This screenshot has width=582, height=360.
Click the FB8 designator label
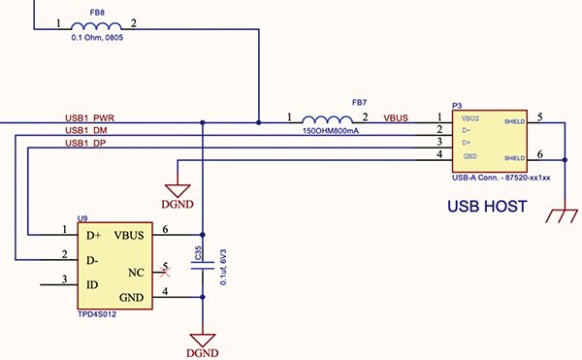[96, 14]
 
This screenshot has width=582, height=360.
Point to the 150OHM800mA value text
[331, 130]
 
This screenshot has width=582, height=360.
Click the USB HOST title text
[486, 207]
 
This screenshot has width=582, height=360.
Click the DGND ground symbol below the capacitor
[202, 342]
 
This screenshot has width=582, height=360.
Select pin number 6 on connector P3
[540, 154]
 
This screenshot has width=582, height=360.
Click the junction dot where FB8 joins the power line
[259, 122]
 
